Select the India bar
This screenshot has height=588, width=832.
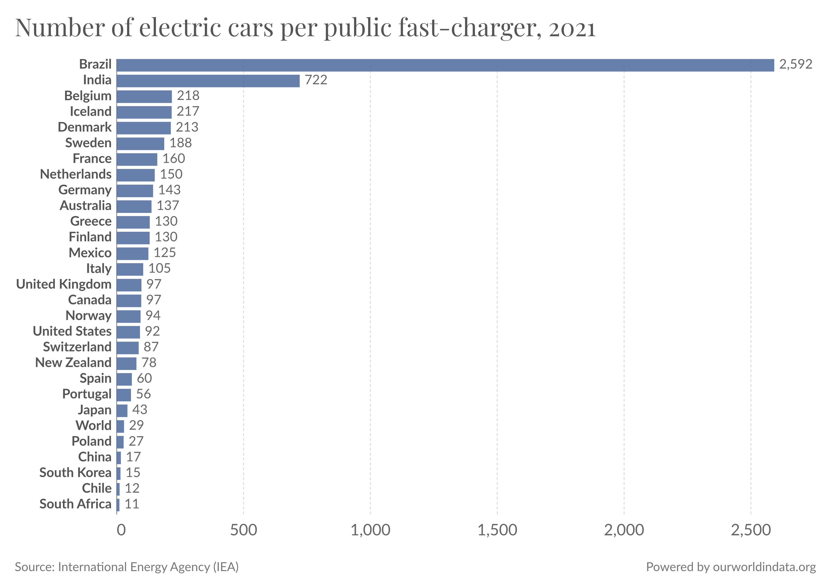[208, 81]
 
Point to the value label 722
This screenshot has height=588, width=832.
[316, 80]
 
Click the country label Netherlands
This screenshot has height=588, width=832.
[76, 174]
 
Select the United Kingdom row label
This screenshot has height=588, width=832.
[64, 284]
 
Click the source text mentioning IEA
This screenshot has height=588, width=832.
[127, 567]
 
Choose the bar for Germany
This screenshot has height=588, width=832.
[135, 191]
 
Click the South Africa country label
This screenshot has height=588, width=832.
[75, 504]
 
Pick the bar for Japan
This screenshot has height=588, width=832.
[122, 411]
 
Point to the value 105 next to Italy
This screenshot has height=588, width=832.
[160, 269]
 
